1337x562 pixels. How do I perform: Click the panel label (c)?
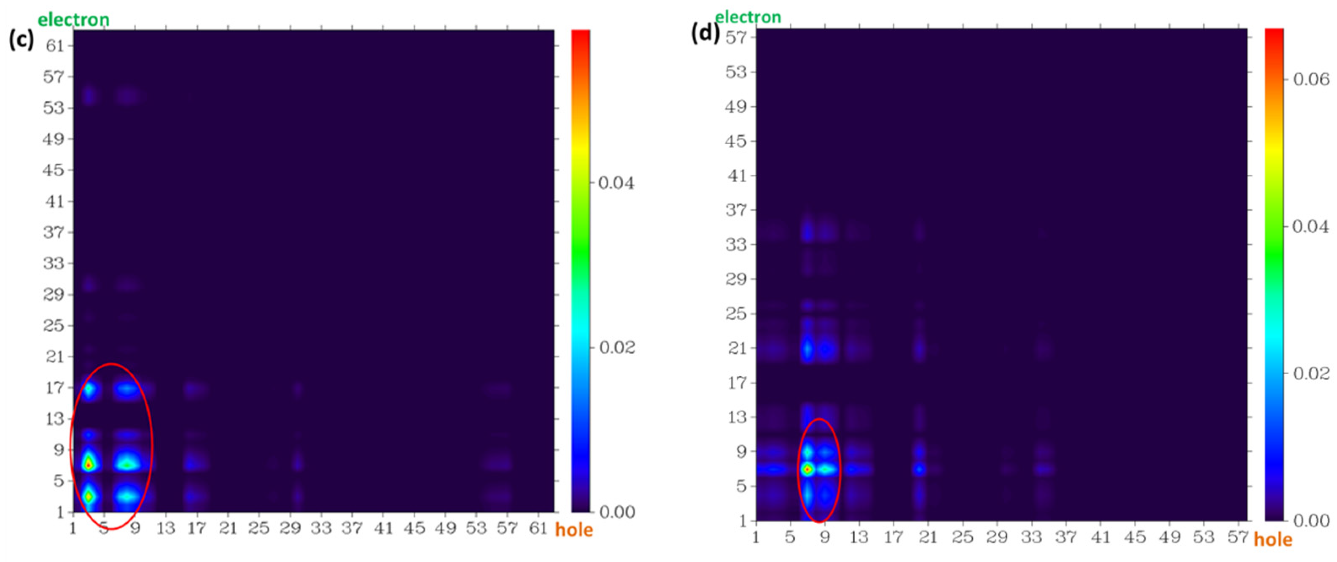point(21,40)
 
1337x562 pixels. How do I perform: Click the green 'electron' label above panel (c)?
point(74,20)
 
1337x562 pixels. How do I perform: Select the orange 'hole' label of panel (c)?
point(574,530)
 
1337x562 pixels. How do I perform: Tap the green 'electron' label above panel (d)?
point(748,17)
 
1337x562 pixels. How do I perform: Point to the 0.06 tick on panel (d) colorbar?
point(1311,79)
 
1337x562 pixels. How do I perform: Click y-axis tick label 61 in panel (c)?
point(54,46)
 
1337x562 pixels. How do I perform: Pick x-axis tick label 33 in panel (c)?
point(321,528)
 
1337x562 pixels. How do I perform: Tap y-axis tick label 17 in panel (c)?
point(54,387)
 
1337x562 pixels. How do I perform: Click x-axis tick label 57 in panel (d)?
point(1237,537)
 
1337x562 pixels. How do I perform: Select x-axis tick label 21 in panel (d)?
point(928,537)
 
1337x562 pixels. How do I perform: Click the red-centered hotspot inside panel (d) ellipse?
point(807,470)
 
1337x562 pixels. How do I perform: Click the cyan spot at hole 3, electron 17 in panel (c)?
point(89,388)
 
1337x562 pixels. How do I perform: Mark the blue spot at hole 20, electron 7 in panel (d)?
point(919,470)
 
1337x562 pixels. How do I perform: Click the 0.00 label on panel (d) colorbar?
point(1311,521)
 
